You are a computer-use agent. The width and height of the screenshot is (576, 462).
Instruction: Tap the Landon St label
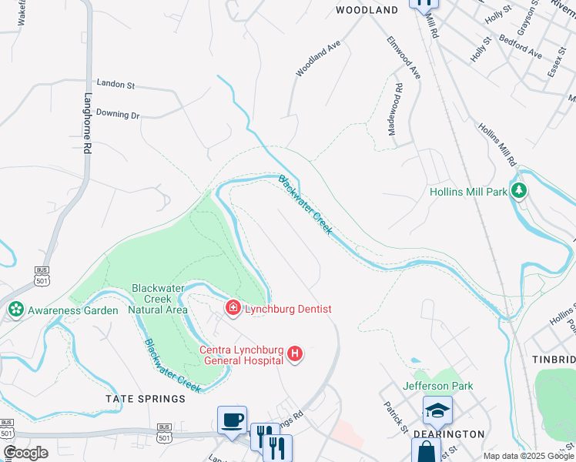pyautogui.click(x=116, y=83)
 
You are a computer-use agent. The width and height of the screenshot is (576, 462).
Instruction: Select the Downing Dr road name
pyautogui.click(x=118, y=115)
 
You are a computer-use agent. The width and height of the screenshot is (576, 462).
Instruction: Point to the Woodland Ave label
pyautogui.click(x=318, y=59)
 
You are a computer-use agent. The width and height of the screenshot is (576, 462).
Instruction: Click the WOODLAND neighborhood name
pyautogui.click(x=367, y=10)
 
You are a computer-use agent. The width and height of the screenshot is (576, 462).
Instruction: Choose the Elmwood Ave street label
pyautogui.click(x=404, y=58)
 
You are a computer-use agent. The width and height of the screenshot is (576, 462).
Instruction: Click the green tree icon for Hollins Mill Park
pyautogui.click(x=520, y=190)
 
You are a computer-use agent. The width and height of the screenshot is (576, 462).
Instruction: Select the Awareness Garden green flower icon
pyautogui.click(x=15, y=310)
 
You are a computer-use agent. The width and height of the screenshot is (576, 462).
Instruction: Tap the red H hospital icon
pyautogui.click(x=294, y=354)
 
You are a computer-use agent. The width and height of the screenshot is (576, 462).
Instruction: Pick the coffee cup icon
pyautogui.click(x=232, y=420)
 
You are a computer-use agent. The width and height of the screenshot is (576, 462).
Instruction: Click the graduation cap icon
pyautogui.click(x=437, y=410)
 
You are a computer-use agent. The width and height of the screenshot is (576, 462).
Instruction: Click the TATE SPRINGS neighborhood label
pyautogui.click(x=146, y=399)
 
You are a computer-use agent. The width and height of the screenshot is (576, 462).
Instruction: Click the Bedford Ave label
pyautogui.click(x=521, y=45)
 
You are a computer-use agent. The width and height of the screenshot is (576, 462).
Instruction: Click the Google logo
pyautogui.click(x=25, y=453)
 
